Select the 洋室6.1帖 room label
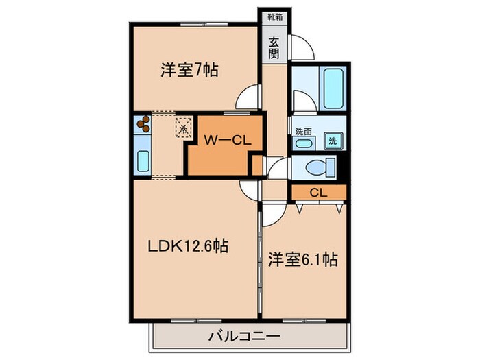303,260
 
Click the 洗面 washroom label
302,131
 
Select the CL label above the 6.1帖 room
317,193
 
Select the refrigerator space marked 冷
183,127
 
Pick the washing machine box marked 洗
333,140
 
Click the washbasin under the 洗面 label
303,143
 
